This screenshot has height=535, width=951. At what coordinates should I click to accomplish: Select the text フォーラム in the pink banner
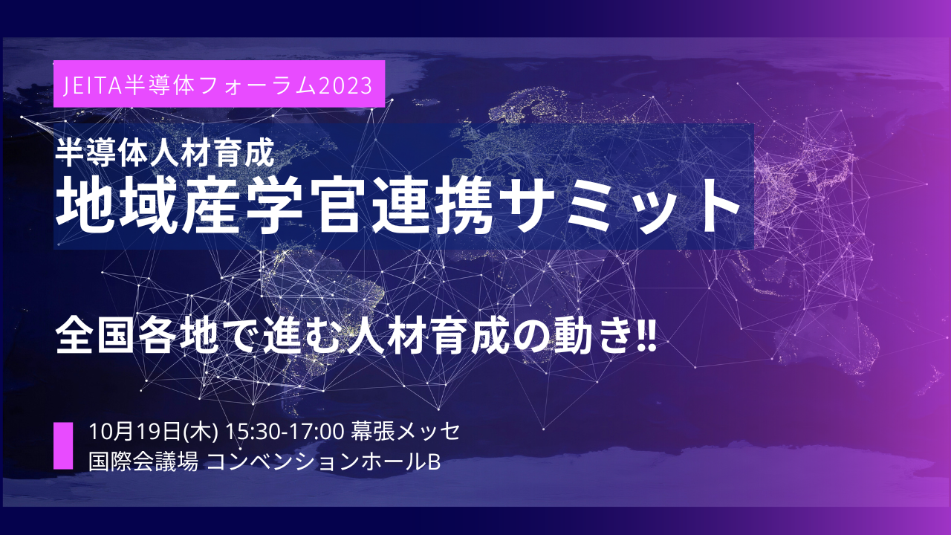(257, 85)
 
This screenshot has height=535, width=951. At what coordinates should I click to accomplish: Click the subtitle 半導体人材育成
(166, 153)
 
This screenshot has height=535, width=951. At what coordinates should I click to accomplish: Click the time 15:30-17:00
(285, 432)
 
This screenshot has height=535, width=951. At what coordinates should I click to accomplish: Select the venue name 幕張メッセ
(406, 432)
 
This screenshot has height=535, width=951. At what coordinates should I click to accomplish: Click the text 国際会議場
(143, 462)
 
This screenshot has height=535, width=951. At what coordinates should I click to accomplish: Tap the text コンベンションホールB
(323, 462)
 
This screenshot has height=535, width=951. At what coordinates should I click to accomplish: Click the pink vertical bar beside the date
(63, 445)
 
